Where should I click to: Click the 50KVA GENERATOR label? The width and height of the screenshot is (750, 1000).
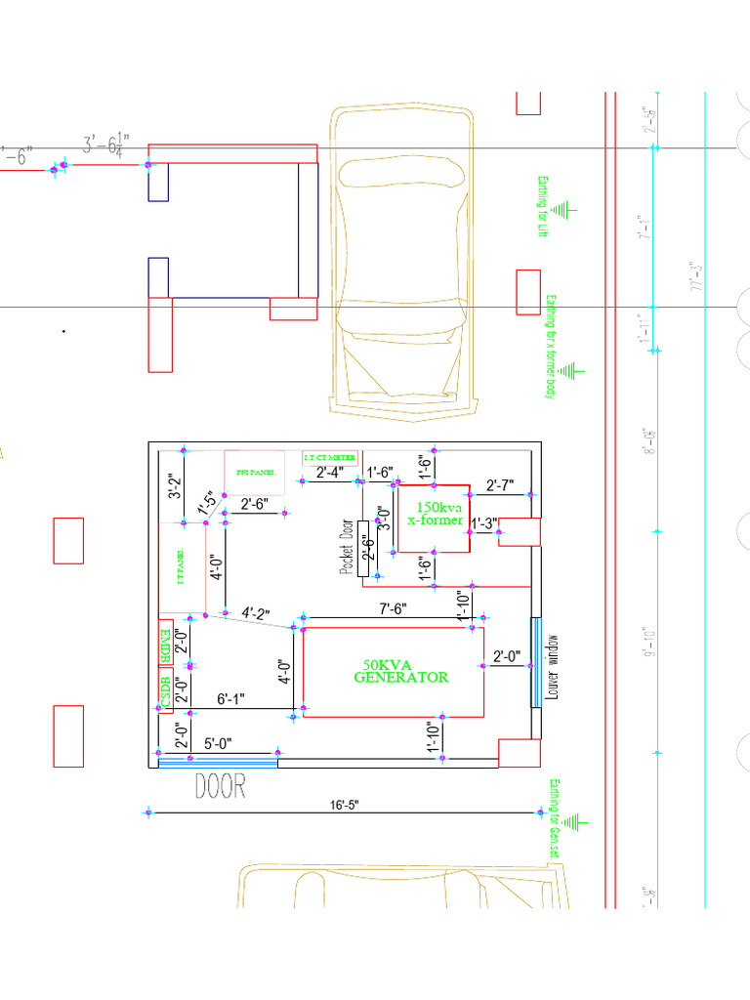coord(400,670)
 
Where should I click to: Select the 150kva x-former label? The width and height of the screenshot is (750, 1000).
coord(435,514)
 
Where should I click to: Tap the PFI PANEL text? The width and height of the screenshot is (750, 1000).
coord(255,472)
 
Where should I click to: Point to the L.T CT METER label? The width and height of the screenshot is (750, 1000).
coord(330,457)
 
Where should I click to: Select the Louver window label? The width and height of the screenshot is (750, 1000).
coord(553,670)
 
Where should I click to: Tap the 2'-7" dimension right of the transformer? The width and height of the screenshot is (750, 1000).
coord(506,485)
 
